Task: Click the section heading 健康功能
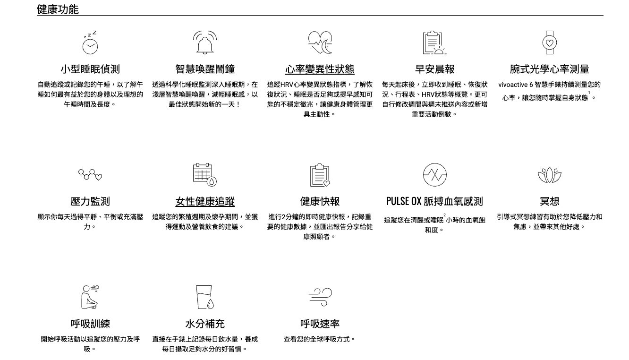pos(58,9)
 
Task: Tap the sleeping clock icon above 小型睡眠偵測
pos(90,43)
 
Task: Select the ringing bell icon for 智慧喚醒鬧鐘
pos(205,43)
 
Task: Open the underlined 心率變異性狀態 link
pos(320,69)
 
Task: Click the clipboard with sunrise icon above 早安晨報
pos(434,43)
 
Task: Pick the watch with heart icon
pos(549,43)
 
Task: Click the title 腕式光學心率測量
pos(549,69)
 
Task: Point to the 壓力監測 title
pos(90,202)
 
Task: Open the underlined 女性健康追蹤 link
pos(205,202)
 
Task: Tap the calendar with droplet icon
pos(205,175)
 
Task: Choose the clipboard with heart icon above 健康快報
pos(320,175)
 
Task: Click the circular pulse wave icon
pos(434,175)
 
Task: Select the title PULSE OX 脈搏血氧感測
pos(434,202)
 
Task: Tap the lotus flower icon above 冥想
pos(549,175)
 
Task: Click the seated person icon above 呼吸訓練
pos(90,297)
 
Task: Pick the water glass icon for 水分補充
pos(205,297)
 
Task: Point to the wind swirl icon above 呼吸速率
pos(320,296)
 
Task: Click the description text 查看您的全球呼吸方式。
pos(320,339)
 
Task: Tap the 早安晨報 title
pos(434,69)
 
